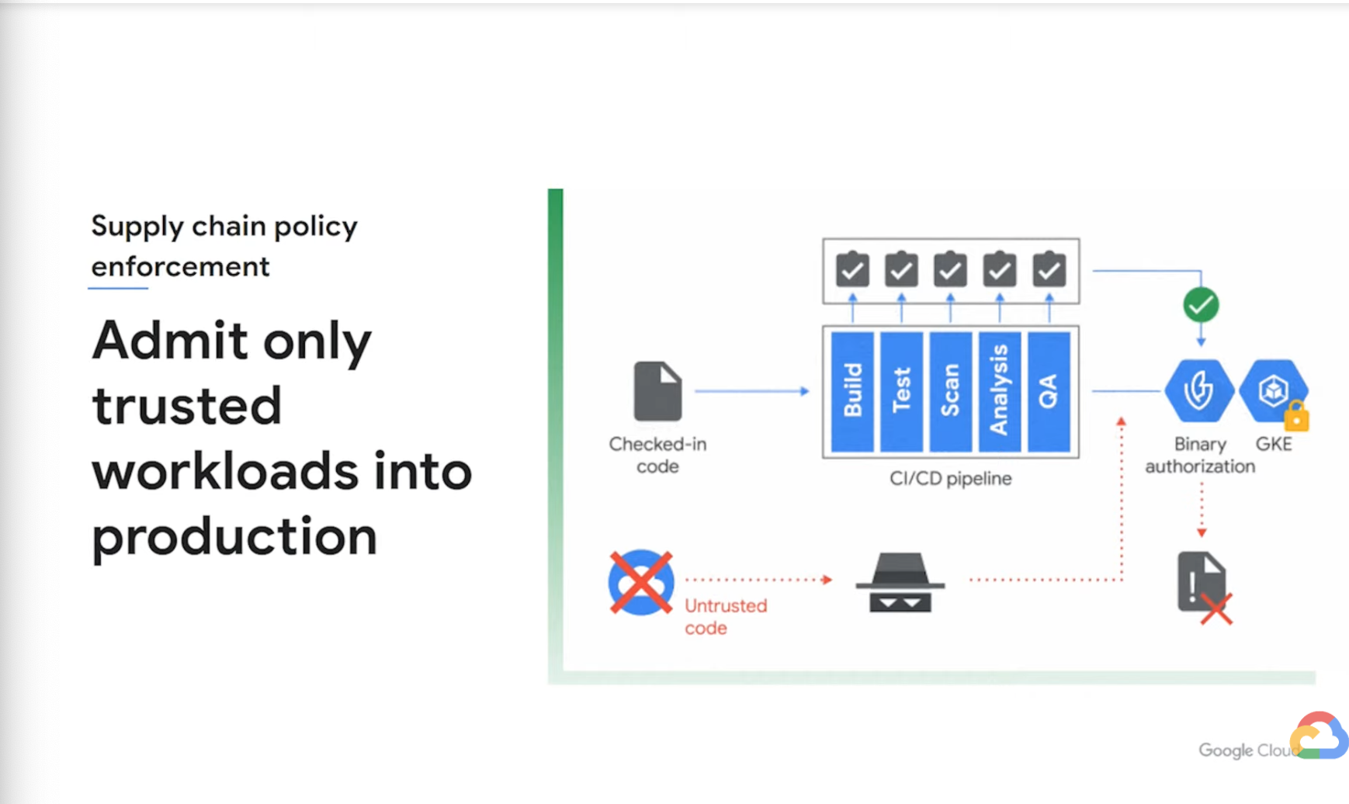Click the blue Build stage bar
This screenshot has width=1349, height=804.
pyautogui.click(x=852, y=391)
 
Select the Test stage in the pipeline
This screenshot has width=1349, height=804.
pyautogui.click(x=901, y=391)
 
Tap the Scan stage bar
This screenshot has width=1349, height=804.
pyautogui.click(x=950, y=391)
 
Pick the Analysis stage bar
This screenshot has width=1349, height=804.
pyautogui.click(x=999, y=391)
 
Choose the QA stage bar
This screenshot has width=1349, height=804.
pyautogui.click(x=1049, y=391)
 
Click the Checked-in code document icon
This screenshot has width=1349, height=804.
pyautogui.click(x=657, y=391)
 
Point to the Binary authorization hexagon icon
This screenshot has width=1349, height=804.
pyautogui.click(x=1199, y=390)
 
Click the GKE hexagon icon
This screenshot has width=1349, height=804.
pyautogui.click(x=1272, y=390)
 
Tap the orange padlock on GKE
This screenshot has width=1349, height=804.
pyautogui.click(x=1296, y=417)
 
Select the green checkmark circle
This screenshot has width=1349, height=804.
pyautogui.click(x=1201, y=305)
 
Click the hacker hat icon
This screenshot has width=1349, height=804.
pyautogui.click(x=900, y=582)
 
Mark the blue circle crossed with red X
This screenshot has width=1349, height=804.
pyautogui.click(x=641, y=582)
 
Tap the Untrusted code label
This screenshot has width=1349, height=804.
pyautogui.click(x=725, y=616)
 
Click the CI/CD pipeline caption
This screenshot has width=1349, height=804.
pyautogui.click(x=950, y=478)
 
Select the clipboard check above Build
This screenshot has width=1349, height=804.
pyautogui.click(x=852, y=269)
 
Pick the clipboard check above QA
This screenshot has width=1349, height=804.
pyautogui.click(x=1049, y=269)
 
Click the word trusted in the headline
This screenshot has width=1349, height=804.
pyautogui.click(x=186, y=405)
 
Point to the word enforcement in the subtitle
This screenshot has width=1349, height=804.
pyautogui.click(x=180, y=266)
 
